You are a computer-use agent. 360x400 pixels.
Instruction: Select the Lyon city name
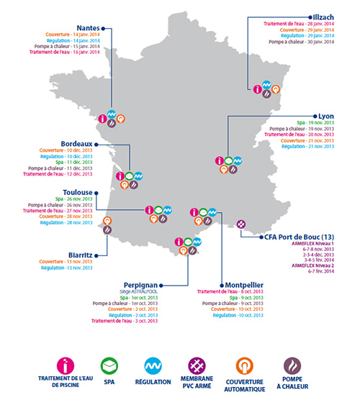(326, 115)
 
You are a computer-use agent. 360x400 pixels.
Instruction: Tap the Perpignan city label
(159, 284)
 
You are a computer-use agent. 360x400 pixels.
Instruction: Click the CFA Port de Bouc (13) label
(289, 237)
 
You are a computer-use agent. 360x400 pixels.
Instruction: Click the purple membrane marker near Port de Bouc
(241, 224)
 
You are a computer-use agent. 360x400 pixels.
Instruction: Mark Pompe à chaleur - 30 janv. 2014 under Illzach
(303, 42)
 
